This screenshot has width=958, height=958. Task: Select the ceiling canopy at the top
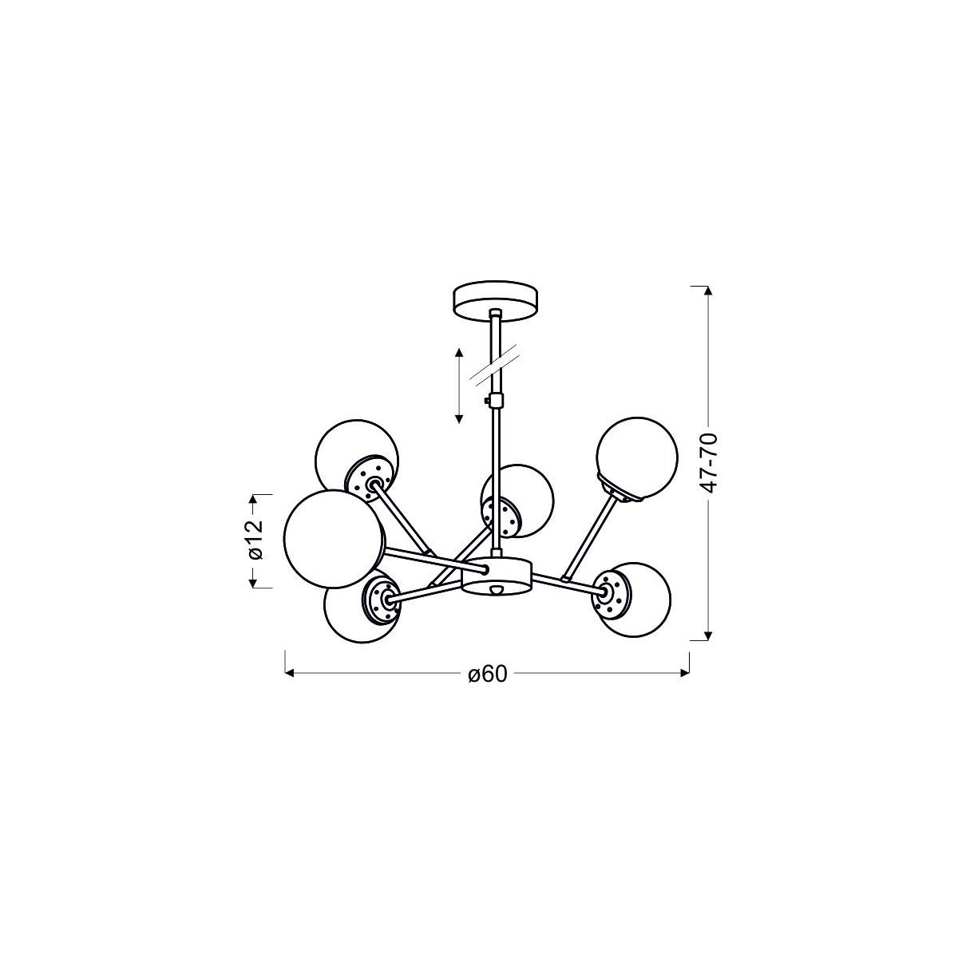496,299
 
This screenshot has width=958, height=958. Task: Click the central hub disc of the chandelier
496,575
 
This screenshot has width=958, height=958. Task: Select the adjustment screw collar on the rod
495,400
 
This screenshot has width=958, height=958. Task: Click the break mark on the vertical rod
495,363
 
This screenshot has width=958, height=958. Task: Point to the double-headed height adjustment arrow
459,386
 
